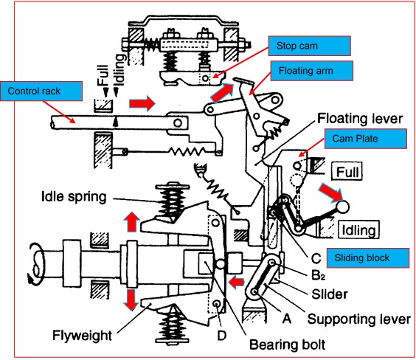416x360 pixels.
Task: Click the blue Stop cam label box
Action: tap(309, 46)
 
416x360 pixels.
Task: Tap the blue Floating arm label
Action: tap(312, 71)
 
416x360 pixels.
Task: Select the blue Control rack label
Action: tap(41, 91)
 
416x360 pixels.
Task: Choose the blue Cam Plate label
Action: tap(366, 139)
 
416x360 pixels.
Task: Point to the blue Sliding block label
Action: tap(368, 257)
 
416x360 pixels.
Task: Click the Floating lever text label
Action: tap(360, 119)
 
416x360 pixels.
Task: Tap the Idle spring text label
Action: tap(74, 197)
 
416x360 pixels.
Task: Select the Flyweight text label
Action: tap(83, 335)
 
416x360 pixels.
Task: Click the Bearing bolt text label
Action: tap(288, 345)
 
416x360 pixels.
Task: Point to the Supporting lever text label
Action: tap(359, 319)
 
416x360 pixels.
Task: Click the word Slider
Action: tap(330, 294)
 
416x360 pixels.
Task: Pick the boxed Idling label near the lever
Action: tap(358, 229)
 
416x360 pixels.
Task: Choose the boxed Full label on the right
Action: tap(347, 172)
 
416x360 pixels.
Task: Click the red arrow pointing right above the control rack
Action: tap(142, 103)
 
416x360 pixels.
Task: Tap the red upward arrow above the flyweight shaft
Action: tap(131, 222)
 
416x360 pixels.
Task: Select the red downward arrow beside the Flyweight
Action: tap(131, 300)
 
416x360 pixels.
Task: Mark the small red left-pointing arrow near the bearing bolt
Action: tap(236, 282)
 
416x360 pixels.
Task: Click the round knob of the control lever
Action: tap(343, 207)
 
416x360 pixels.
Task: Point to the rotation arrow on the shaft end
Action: tap(37, 263)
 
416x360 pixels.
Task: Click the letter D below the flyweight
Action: tap(221, 336)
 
